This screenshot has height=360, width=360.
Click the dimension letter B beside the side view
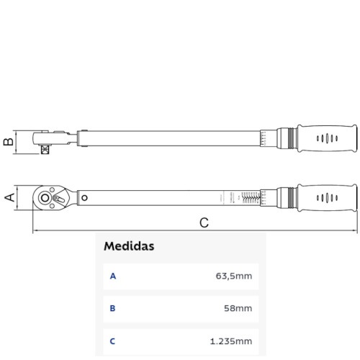(x=9, y=140)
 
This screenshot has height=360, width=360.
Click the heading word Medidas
(x=129, y=246)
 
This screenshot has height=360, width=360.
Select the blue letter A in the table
(x=112, y=276)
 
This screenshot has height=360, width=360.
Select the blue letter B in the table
(x=112, y=309)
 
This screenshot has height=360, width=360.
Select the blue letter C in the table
(x=112, y=341)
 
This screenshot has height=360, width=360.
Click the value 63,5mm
(x=234, y=276)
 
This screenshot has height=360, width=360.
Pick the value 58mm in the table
(x=238, y=309)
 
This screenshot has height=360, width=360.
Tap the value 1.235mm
(x=232, y=341)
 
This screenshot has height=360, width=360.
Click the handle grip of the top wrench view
(x=328, y=138)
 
